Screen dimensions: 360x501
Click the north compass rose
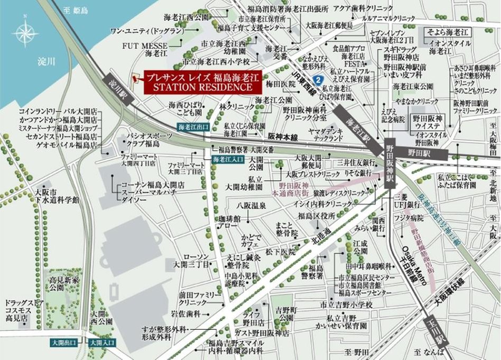point(25,33)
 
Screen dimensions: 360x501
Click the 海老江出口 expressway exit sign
point(193,127)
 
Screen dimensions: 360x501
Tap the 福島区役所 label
point(317,215)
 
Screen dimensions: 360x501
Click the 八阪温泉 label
point(251,205)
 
